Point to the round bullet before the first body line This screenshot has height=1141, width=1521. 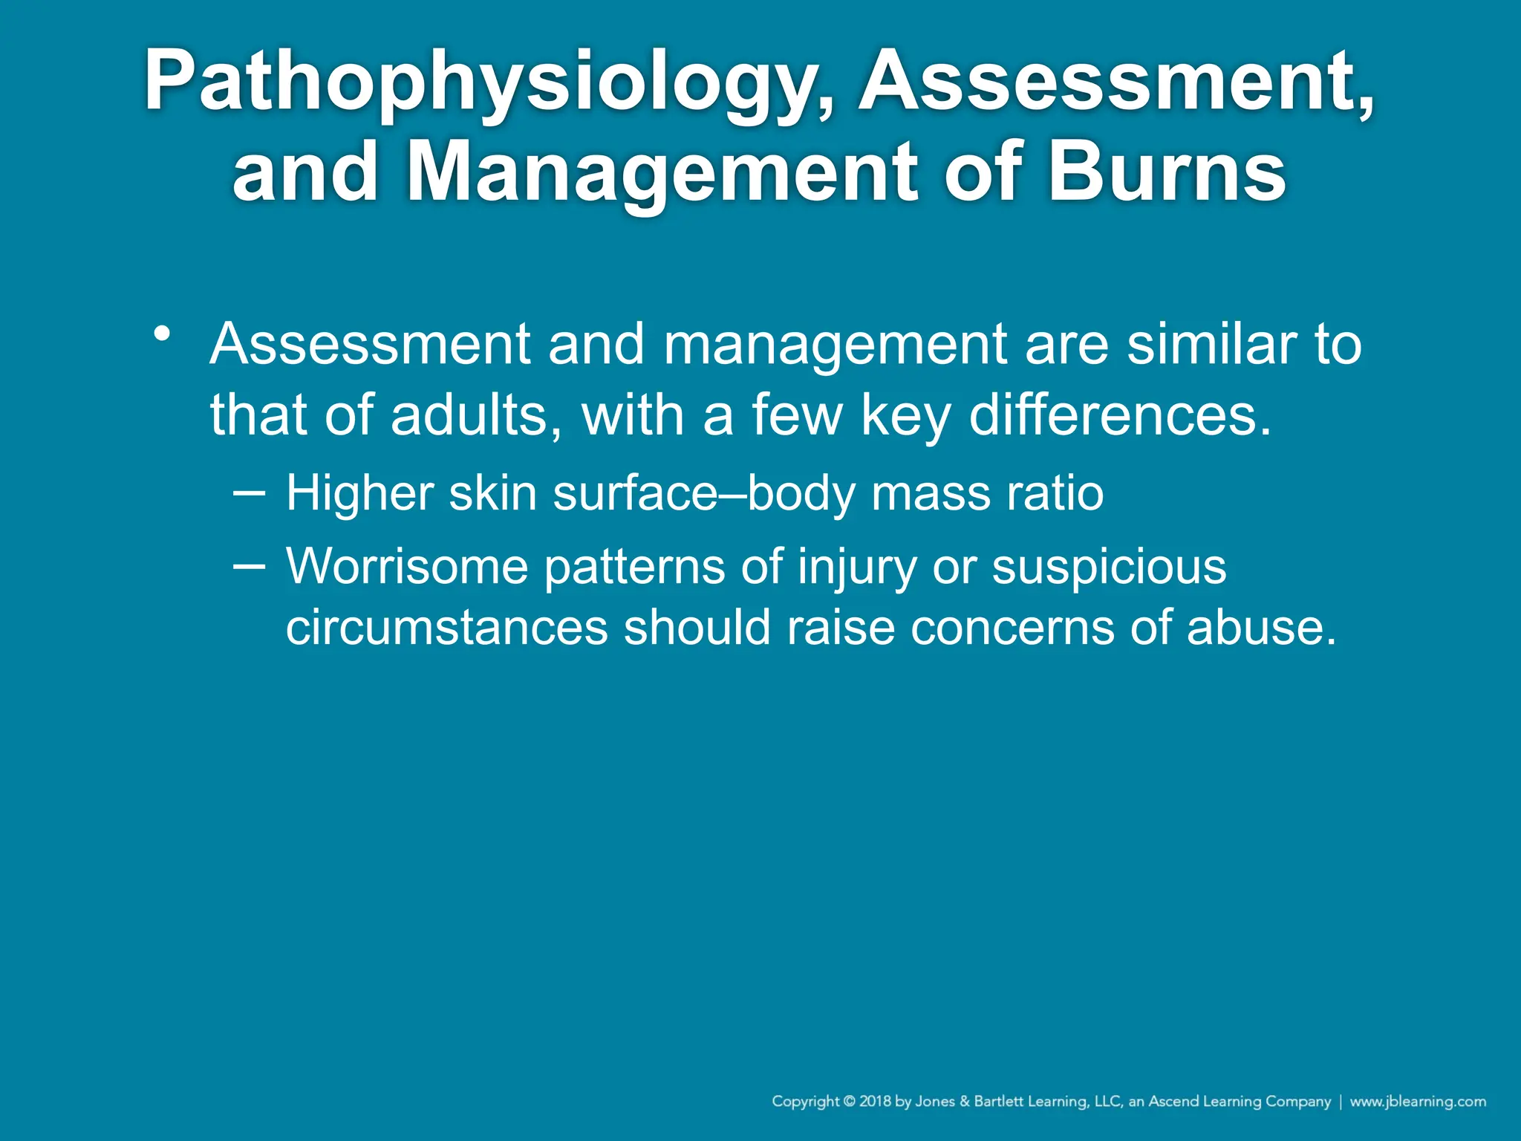(x=162, y=333)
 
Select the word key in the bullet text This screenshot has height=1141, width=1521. (x=906, y=416)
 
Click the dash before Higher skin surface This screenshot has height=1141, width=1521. (x=248, y=492)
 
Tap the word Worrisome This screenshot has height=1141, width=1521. (x=407, y=568)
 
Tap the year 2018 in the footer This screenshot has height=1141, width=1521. (x=876, y=1102)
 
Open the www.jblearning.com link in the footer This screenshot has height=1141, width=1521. (x=1418, y=1102)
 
